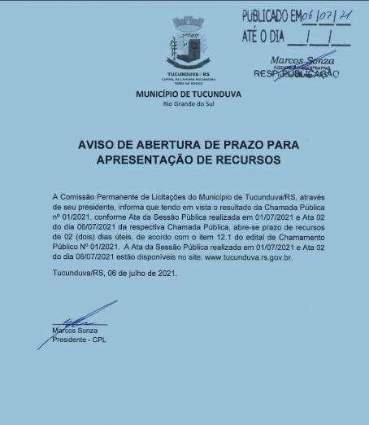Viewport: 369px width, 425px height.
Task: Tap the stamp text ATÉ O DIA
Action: [x=263, y=37]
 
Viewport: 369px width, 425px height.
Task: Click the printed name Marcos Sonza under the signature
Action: [x=74, y=331]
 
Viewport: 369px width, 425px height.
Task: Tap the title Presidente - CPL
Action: [x=79, y=340]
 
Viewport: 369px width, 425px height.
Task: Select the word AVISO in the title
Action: [x=95, y=145]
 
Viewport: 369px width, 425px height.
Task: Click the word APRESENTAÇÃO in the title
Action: [x=149, y=160]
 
